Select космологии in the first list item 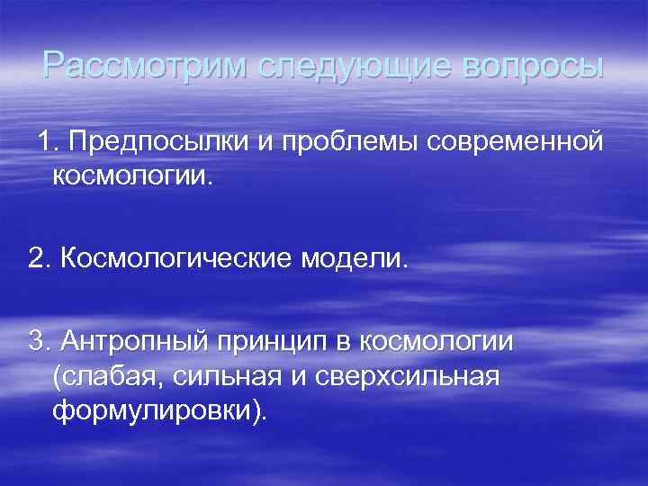(134, 175)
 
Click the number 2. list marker (40, 260)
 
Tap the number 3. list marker (40, 343)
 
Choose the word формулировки (157, 410)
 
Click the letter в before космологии (346, 343)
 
